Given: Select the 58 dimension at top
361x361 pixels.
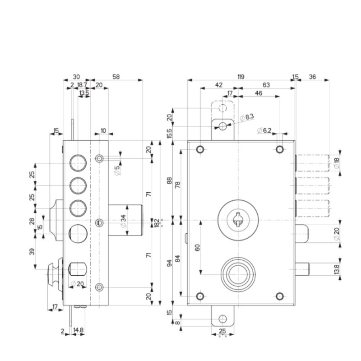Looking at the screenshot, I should (116, 77).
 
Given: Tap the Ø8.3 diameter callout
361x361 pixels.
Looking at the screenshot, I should (247, 117).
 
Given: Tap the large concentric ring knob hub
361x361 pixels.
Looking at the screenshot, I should (237, 273).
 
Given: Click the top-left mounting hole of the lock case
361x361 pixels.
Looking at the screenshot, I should (199, 149).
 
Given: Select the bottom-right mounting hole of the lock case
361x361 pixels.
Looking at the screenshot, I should (280, 296).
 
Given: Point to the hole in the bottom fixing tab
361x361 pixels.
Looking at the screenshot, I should (222, 319).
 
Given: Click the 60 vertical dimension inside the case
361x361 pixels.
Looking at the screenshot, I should (197, 247).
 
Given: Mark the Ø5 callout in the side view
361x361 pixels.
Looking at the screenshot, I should (117, 170).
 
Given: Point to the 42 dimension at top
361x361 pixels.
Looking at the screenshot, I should (219, 85).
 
